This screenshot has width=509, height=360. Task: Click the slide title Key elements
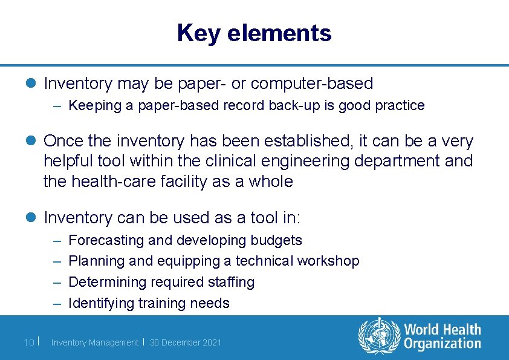[254, 33]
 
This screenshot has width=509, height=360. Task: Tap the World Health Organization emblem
[379, 336]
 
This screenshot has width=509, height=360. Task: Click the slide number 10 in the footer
[28, 342]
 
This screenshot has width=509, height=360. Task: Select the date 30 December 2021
[186, 342]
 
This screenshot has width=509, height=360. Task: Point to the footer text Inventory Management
[94, 342]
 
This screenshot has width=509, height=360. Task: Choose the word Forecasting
[106, 240]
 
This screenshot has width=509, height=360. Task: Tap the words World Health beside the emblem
[443, 330]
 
